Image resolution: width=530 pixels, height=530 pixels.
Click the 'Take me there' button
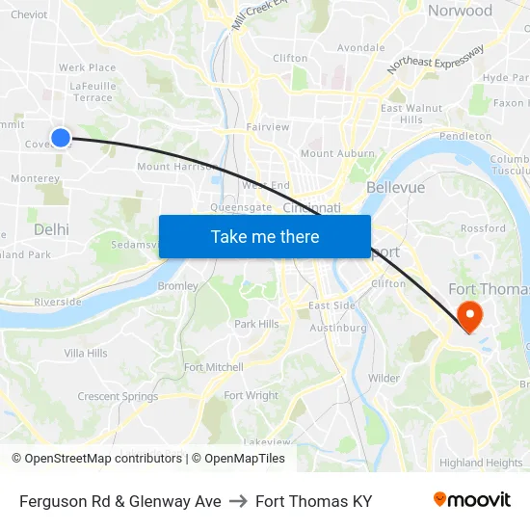[x=265, y=236]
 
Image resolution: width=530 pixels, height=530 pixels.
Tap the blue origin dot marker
[x=60, y=138]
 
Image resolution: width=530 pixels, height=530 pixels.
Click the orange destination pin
[x=470, y=315]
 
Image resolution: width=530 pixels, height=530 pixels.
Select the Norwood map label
[x=460, y=11]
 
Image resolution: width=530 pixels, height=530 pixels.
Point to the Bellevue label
[x=395, y=187]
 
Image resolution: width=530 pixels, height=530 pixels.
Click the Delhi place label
[x=51, y=229]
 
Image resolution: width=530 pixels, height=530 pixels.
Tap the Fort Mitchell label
[x=214, y=367]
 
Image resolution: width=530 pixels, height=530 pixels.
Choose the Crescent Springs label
[x=118, y=396]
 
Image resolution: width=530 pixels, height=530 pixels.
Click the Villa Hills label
[x=86, y=354]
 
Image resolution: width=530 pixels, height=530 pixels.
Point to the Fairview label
[x=267, y=126]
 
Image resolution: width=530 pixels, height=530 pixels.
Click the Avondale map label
[x=360, y=47]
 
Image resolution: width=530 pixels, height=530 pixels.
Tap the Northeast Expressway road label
[x=436, y=60]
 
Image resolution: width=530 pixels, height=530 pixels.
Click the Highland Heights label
[x=481, y=463]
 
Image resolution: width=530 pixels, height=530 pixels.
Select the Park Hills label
[x=256, y=324]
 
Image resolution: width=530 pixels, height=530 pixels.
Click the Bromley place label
[x=177, y=286]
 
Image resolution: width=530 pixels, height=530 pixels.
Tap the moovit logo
[x=472, y=499]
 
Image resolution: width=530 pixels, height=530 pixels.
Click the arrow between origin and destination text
[x=238, y=501]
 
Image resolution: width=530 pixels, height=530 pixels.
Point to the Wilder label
[x=384, y=378]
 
